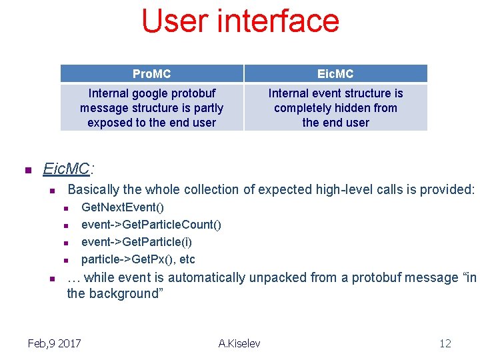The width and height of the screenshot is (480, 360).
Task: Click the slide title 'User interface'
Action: point(240,21)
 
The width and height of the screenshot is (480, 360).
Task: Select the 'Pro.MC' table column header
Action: point(151,73)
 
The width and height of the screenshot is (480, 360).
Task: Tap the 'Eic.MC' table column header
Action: point(335,73)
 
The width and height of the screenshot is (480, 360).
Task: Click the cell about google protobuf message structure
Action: point(151,108)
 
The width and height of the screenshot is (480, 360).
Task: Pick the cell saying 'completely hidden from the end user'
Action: point(335,108)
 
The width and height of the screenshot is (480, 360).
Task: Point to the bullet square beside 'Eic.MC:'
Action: point(28,171)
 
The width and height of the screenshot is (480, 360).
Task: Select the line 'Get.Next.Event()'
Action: point(123,207)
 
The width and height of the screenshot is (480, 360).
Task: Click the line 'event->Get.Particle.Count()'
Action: point(151,225)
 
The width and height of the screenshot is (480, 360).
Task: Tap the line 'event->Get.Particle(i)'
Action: point(137,242)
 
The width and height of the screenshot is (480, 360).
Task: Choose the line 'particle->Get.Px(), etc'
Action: point(138,259)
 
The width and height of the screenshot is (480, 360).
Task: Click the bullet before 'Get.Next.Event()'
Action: point(67,209)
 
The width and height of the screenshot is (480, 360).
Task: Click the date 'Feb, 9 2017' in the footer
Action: point(54,343)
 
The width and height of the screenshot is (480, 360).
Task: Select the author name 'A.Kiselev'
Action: point(239,343)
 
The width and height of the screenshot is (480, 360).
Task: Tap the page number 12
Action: point(445,343)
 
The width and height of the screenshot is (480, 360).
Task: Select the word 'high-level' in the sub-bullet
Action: point(320,190)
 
